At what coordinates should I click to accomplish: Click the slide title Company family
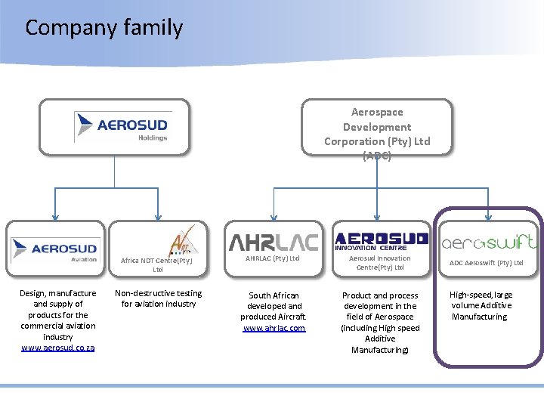(104, 28)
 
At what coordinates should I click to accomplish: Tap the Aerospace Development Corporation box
(377, 128)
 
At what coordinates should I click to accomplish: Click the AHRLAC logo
(274, 241)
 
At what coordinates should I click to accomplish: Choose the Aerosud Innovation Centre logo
(381, 240)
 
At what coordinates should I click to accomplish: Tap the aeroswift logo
(489, 242)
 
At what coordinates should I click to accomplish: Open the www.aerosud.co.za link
(58, 348)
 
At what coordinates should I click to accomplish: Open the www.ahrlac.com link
(274, 328)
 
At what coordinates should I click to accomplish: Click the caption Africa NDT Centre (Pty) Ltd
(158, 264)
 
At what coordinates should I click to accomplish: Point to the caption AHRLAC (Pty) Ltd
(274, 258)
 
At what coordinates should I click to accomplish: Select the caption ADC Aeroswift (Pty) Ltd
(487, 263)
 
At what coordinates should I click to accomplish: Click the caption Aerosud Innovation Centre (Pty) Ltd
(380, 263)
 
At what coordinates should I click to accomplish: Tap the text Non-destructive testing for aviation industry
(158, 298)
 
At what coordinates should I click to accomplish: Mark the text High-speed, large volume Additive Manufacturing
(481, 305)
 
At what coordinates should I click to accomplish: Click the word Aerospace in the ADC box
(377, 112)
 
